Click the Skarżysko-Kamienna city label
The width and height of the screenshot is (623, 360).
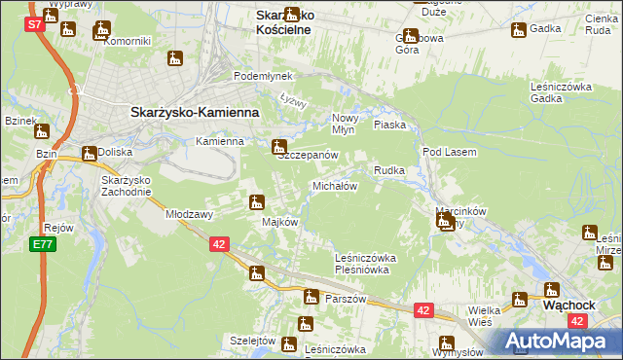click(x=195, y=113)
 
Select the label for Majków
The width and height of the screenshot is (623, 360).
click(x=279, y=222)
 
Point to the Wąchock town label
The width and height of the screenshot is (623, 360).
click(x=568, y=304)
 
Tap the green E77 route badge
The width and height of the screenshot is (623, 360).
click(x=42, y=244)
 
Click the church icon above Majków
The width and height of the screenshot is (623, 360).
click(x=256, y=202)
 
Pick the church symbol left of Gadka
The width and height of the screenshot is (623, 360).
click(x=517, y=29)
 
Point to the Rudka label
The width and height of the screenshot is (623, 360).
click(x=389, y=170)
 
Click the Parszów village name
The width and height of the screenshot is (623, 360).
click(x=346, y=299)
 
